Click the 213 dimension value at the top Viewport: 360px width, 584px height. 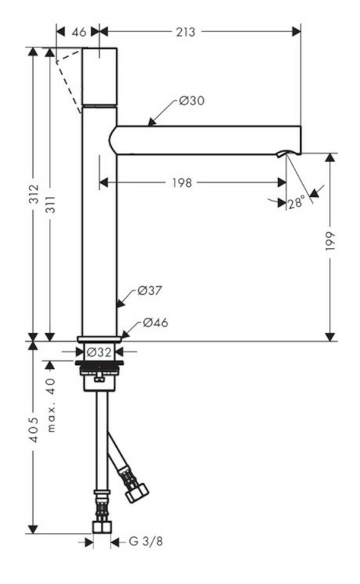[x=185, y=32]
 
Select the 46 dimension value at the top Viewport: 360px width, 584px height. [x=79, y=32]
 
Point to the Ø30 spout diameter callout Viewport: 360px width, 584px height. [x=191, y=101]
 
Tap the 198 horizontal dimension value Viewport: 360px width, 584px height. [x=182, y=183]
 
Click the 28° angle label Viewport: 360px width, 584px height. [x=296, y=203]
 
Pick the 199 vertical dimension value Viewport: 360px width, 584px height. [x=331, y=241]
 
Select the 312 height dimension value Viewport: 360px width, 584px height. [x=34, y=193]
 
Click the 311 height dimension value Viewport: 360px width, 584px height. [x=50, y=204]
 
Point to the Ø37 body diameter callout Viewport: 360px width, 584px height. [x=150, y=290]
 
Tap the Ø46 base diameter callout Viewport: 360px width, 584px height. [x=156, y=322]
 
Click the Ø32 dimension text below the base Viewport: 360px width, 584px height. [x=99, y=352]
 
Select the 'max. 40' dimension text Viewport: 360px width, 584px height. [x=51, y=405]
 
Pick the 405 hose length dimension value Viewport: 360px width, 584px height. [x=34, y=430]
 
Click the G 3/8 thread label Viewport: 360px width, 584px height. [x=146, y=541]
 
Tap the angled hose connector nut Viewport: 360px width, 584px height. [x=137, y=491]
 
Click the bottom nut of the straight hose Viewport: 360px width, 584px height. [x=102, y=528]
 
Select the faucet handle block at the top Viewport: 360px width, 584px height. [x=99, y=77]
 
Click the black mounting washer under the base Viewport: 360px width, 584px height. [x=99, y=362]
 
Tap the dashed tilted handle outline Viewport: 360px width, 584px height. [x=69, y=81]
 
